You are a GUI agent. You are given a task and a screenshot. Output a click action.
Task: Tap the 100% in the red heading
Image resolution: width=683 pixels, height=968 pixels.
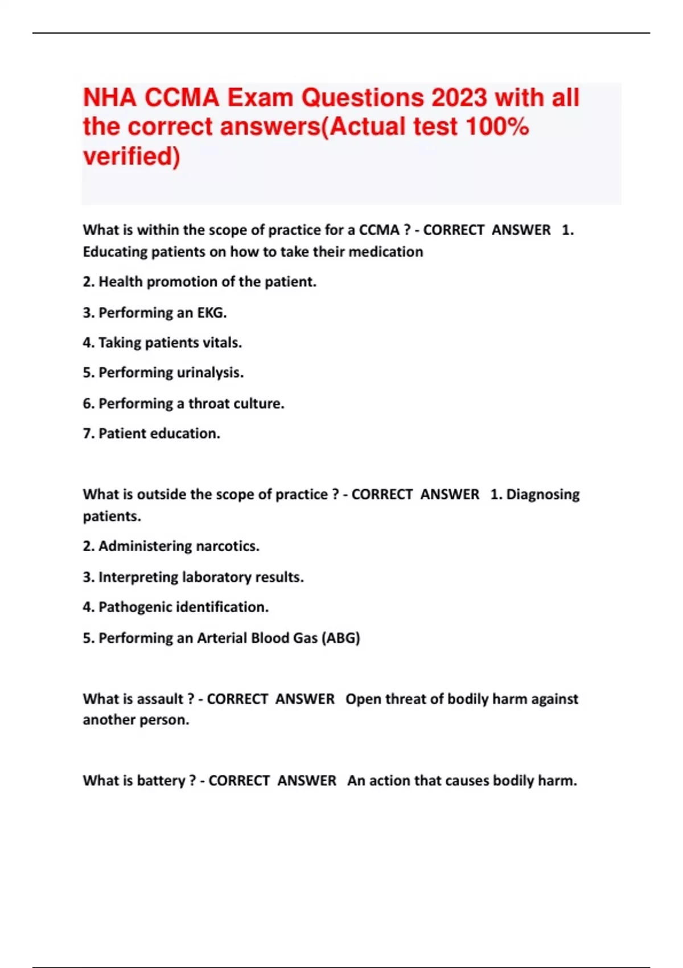(497, 126)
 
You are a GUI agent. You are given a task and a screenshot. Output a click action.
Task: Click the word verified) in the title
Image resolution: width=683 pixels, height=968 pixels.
(131, 156)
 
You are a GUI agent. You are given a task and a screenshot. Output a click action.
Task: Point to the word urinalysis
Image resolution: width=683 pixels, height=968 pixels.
(210, 373)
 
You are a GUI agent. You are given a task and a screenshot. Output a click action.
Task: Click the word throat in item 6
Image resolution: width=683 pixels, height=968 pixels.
(209, 404)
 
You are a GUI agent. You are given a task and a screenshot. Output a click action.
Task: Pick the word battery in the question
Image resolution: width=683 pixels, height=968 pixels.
(161, 781)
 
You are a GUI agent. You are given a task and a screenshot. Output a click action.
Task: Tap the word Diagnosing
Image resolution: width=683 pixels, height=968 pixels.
(542, 494)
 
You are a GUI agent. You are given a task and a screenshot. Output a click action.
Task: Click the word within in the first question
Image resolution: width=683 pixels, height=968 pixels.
(158, 230)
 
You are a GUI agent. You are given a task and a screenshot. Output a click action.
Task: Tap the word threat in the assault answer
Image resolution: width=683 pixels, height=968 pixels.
(409, 699)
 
